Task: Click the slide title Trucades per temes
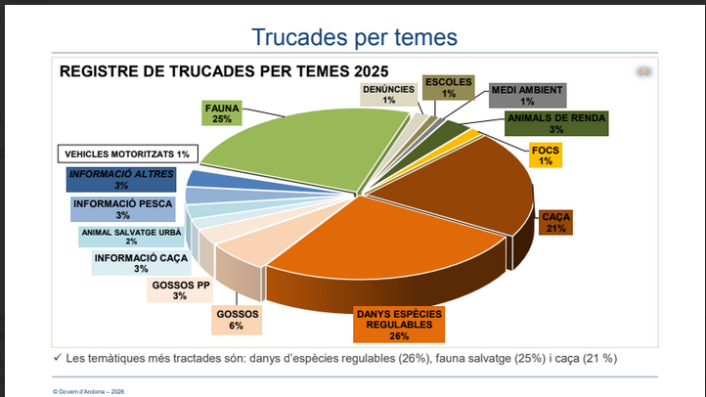[x=353, y=37]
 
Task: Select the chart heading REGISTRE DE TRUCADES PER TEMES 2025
[x=224, y=71]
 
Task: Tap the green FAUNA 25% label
[x=222, y=111]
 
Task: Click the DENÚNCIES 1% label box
[x=389, y=93]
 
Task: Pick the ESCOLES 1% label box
[x=449, y=88]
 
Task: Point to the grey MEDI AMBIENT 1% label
[x=527, y=95]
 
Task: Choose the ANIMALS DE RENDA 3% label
[x=556, y=123]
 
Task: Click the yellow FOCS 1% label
[x=545, y=155]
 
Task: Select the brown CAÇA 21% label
[x=556, y=222]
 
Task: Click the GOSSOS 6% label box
[x=236, y=320]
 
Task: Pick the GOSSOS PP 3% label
[x=181, y=290]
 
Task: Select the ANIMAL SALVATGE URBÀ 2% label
[x=131, y=237]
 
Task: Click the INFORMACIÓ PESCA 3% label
[x=122, y=209]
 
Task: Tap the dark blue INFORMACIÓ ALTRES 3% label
[x=121, y=179]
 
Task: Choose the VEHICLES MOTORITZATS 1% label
[x=126, y=154]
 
